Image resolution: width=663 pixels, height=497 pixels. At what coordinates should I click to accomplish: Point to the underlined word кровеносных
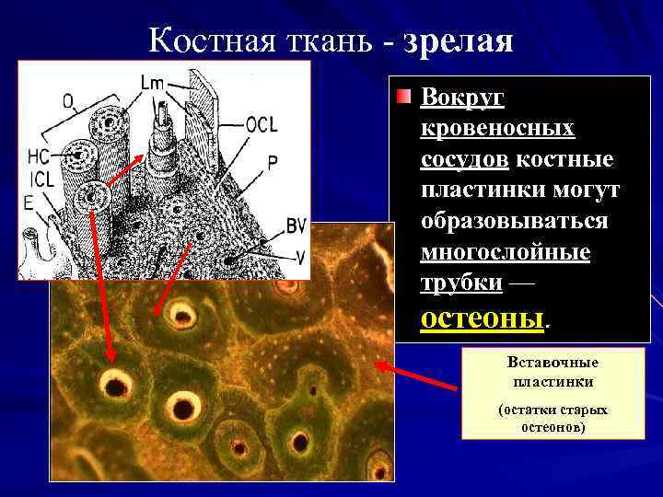(x=497, y=128)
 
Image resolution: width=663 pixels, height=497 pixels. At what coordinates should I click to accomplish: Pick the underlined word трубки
(x=461, y=283)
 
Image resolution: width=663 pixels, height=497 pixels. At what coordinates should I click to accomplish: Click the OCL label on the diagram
(x=262, y=125)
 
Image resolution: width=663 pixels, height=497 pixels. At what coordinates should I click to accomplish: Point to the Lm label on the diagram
(x=152, y=84)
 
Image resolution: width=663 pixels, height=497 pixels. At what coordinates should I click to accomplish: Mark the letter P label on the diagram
(x=273, y=161)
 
